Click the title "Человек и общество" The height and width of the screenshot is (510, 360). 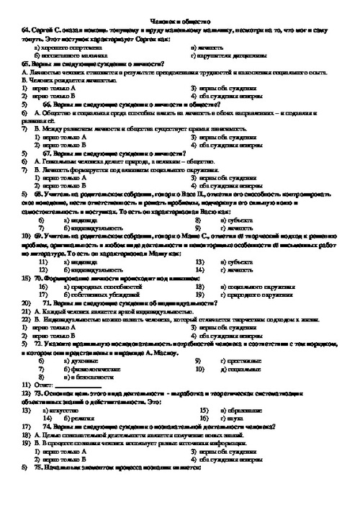180,22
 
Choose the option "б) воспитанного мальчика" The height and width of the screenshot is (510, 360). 73,56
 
